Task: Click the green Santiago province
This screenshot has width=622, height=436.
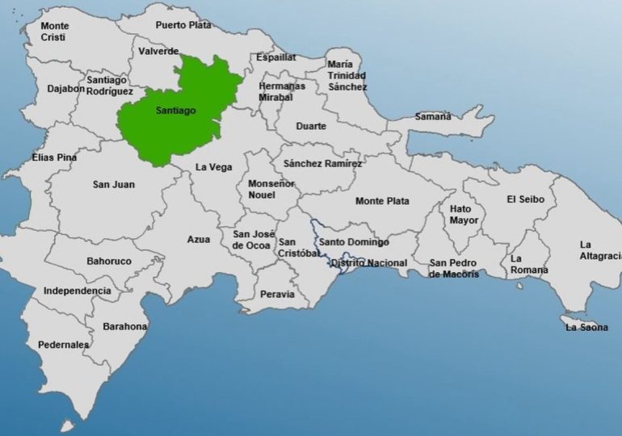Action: tap(174, 113)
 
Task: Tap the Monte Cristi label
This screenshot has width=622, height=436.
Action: tap(55, 31)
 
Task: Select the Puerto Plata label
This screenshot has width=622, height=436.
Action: tap(183, 25)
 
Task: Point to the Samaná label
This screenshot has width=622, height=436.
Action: tap(433, 116)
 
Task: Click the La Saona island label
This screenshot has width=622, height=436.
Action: tap(587, 327)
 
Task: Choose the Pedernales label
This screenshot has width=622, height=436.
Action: tap(63, 345)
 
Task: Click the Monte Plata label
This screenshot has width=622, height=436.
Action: tap(382, 201)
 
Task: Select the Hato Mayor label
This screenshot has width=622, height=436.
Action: tap(464, 214)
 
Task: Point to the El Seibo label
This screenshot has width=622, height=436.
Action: tap(526, 199)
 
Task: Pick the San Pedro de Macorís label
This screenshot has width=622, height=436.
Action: tap(454, 268)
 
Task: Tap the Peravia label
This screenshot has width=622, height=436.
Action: tap(277, 295)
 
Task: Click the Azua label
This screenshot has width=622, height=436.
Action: tap(198, 240)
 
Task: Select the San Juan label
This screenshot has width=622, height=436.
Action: tap(114, 185)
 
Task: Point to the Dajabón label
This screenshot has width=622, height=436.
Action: tap(65, 89)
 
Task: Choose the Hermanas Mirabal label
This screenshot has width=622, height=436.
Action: tap(282, 91)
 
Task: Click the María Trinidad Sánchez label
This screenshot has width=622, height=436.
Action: tap(347, 75)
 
